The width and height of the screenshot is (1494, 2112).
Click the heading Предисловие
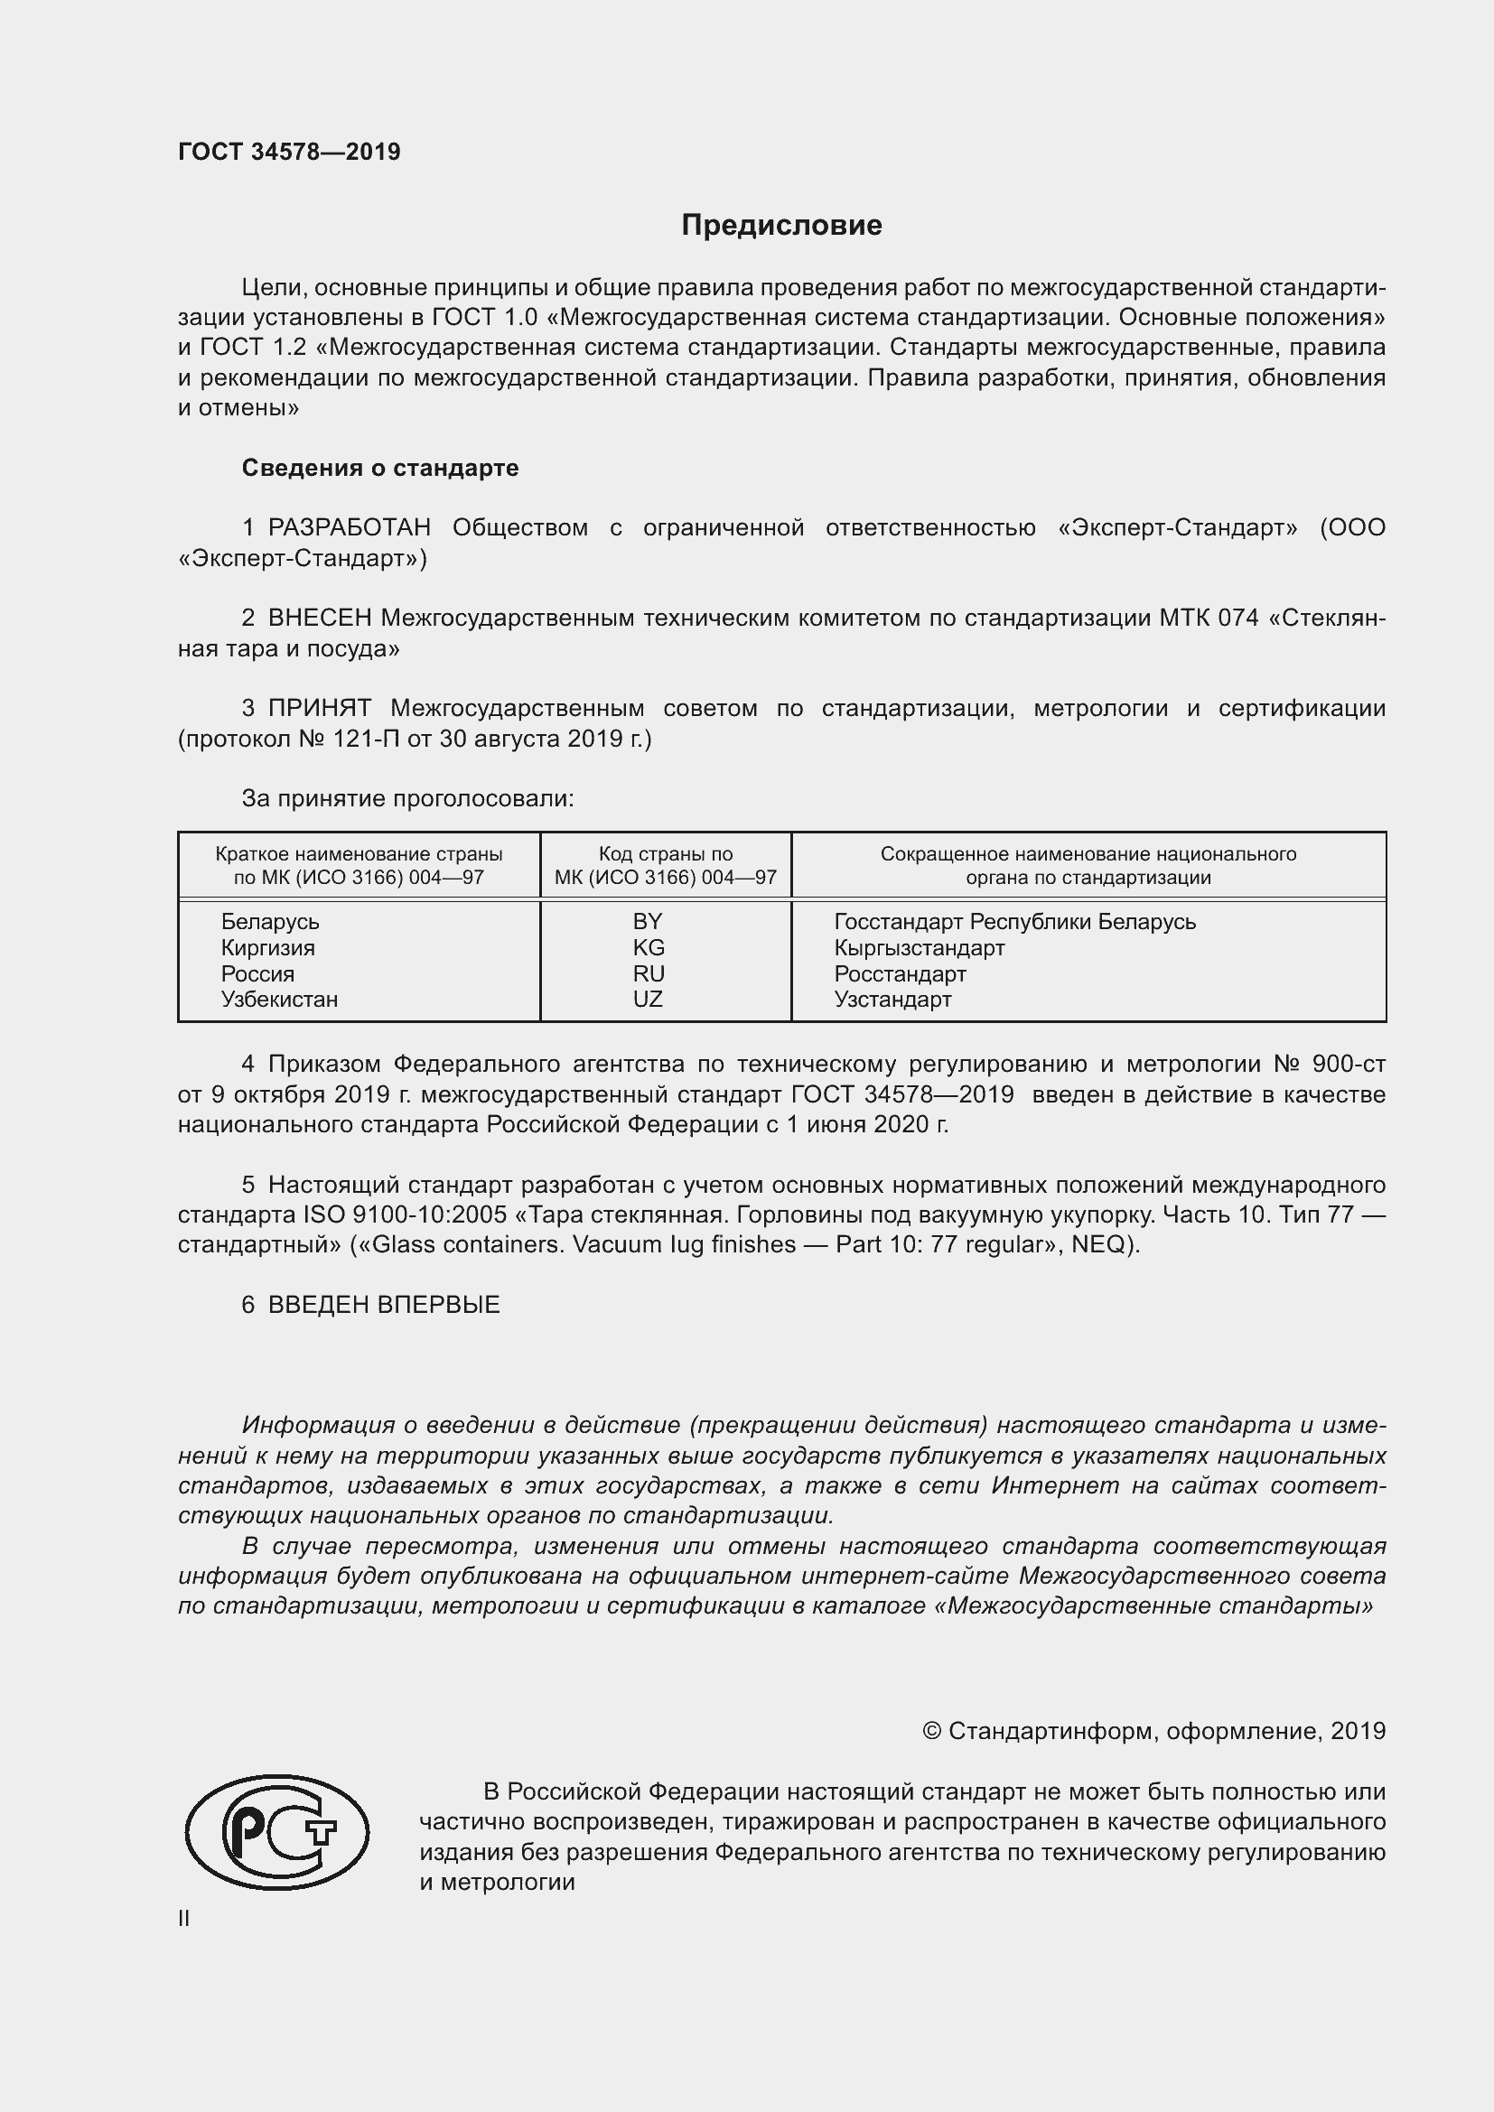[x=781, y=226]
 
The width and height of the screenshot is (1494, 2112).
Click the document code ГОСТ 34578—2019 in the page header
[x=289, y=152]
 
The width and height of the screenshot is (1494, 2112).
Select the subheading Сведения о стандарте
[x=380, y=469]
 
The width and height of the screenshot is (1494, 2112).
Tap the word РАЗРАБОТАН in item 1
[x=349, y=528]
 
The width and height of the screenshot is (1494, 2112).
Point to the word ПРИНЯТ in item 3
[x=319, y=708]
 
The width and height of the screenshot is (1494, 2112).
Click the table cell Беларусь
[x=269, y=922]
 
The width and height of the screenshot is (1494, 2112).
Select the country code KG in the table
[x=648, y=947]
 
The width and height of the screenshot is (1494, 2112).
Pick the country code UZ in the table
[x=648, y=999]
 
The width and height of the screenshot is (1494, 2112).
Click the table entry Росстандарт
[x=900, y=973]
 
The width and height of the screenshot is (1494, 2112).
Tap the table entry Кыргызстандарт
[x=919, y=947]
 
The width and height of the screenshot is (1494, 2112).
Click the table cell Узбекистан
[x=279, y=999]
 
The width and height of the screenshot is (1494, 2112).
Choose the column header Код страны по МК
[x=665, y=865]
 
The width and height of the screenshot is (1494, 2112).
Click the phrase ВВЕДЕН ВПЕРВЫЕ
[x=384, y=1305]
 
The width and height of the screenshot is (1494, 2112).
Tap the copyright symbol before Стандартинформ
[x=931, y=1731]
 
